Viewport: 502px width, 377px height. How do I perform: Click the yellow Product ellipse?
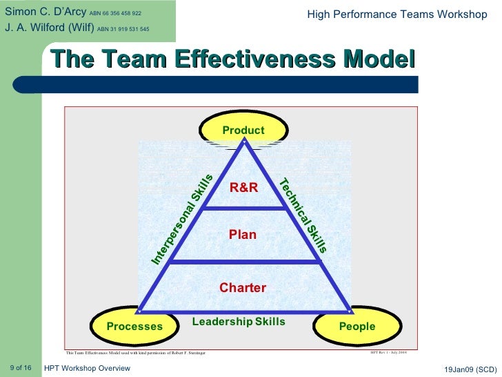243,129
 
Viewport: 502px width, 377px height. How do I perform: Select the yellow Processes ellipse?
135,326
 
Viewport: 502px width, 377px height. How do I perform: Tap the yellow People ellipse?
357,326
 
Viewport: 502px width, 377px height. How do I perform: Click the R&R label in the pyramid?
243,186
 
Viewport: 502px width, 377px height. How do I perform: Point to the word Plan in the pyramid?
243,235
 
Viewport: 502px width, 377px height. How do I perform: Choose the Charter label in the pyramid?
243,287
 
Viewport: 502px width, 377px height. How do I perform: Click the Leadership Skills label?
239,322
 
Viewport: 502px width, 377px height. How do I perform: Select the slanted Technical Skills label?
303,215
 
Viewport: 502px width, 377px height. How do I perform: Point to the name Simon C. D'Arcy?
44,12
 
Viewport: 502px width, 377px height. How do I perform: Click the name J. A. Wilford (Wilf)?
48,28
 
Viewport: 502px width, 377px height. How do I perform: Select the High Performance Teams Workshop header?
396,14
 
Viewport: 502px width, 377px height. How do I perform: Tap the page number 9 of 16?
21,367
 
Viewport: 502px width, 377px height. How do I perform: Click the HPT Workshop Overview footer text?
87,368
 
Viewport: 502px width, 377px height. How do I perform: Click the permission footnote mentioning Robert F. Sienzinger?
135,353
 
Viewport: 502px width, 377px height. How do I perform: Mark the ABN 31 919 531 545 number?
123,29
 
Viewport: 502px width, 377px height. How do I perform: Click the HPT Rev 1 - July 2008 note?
388,351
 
